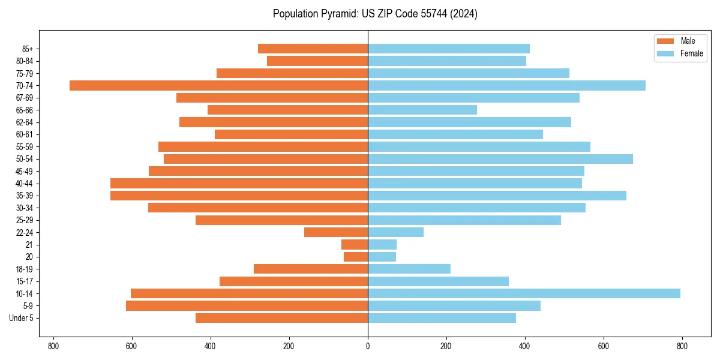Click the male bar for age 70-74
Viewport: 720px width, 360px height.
click(x=218, y=85)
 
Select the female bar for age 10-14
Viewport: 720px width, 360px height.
click(x=524, y=293)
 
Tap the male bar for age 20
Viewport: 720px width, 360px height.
click(x=356, y=257)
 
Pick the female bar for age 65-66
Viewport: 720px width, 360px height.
click(x=422, y=110)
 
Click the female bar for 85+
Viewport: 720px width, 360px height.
click(x=449, y=49)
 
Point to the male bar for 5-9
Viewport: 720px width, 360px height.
click(x=247, y=305)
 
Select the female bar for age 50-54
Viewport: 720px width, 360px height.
click(x=500, y=159)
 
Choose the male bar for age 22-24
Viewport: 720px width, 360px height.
click(x=336, y=232)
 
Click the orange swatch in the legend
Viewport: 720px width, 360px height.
click(x=666, y=41)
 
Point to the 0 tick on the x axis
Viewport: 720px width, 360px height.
click(x=368, y=346)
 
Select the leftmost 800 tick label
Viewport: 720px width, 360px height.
click(x=53, y=346)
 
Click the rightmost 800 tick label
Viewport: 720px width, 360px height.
click(x=682, y=346)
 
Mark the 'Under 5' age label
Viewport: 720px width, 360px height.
click(x=22, y=318)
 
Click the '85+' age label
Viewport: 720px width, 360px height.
click(x=27, y=49)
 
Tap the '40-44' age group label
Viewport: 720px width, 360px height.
click(x=25, y=184)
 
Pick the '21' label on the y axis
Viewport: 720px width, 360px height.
click(x=29, y=245)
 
